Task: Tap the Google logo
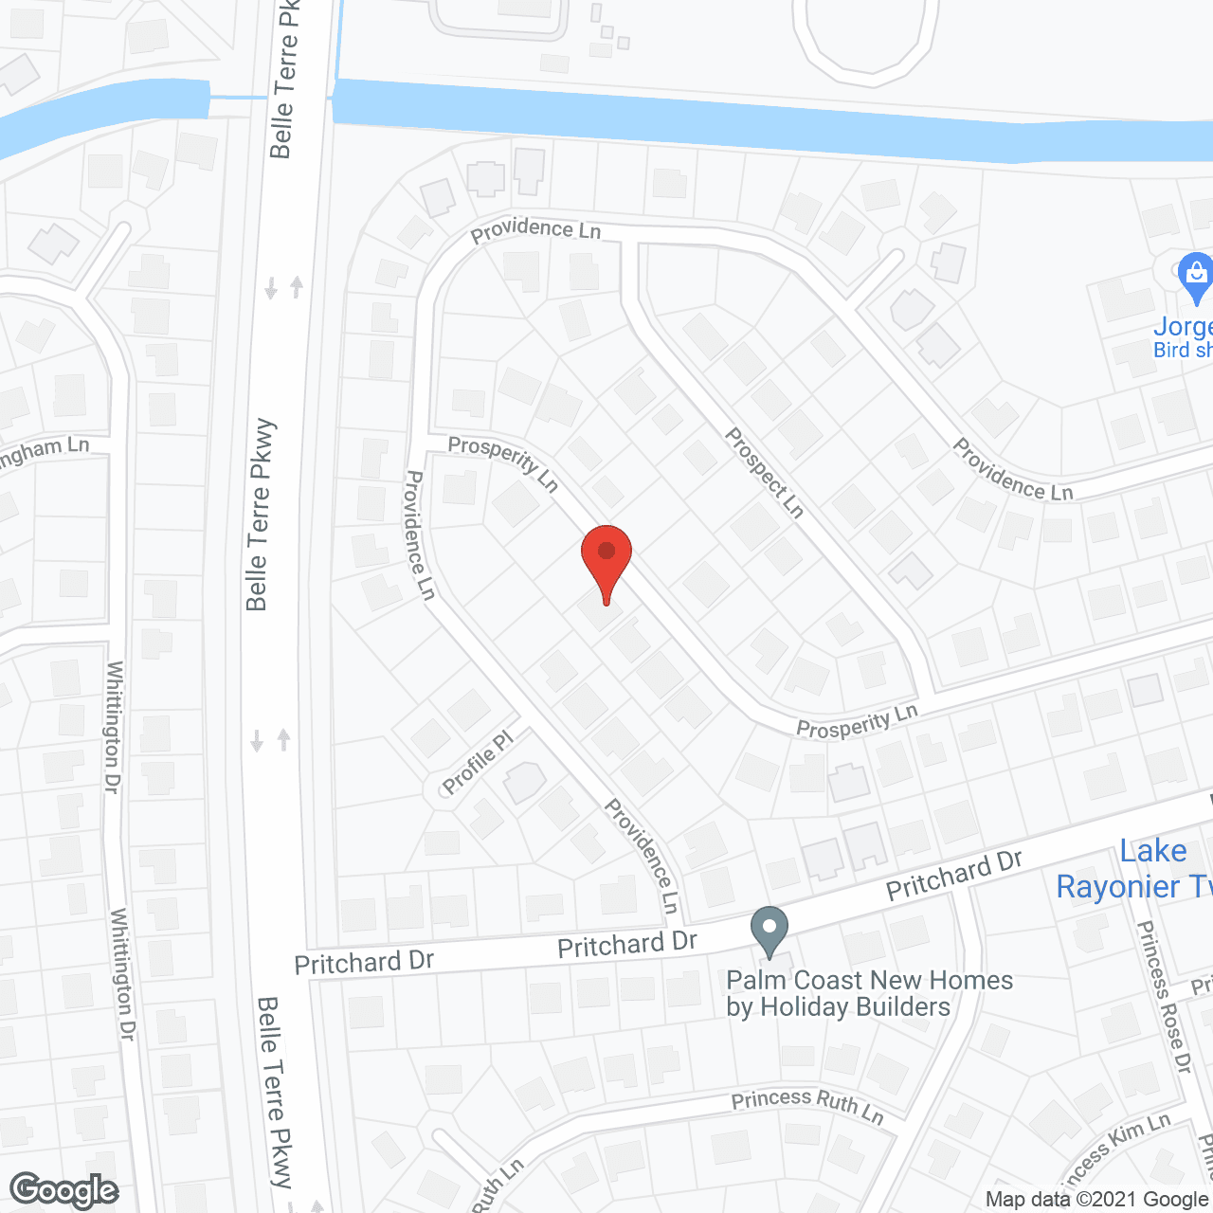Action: point(63,1190)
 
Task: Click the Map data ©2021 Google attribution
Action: point(1097,1200)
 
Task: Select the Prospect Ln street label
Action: point(765,472)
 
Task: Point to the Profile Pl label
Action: point(478,762)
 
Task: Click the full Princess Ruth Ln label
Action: point(807,1105)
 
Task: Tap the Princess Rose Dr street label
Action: point(1164,997)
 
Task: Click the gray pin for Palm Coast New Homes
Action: point(769,931)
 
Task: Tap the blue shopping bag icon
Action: point(1195,277)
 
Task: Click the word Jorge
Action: point(1183,327)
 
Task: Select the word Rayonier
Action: point(1118,887)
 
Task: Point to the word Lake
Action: point(1152,851)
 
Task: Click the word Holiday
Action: point(805,1006)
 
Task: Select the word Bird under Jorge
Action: point(1171,350)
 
